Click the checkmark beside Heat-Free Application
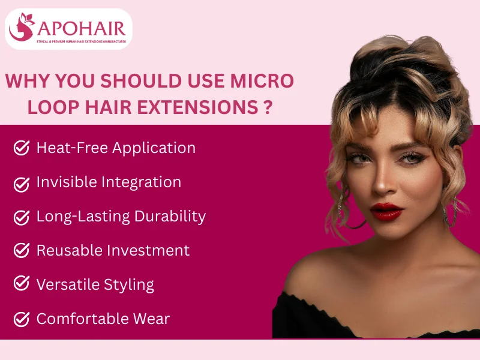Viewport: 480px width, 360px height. pyautogui.click(x=22, y=148)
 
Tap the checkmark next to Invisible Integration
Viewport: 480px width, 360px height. pyautogui.click(x=22, y=182)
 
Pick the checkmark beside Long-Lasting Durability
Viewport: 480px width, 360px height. pyautogui.click(x=22, y=216)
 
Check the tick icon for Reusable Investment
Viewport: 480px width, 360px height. pyautogui.click(x=22, y=250)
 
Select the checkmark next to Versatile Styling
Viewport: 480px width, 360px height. pyautogui.click(x=22, y=284)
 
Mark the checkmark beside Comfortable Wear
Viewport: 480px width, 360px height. pyautogui.click(x=22, y=319)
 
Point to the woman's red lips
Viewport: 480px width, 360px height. pyautogui.click(x=386, y=211)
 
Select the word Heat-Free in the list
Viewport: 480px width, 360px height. pyautogui.click(x=67, y=148)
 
